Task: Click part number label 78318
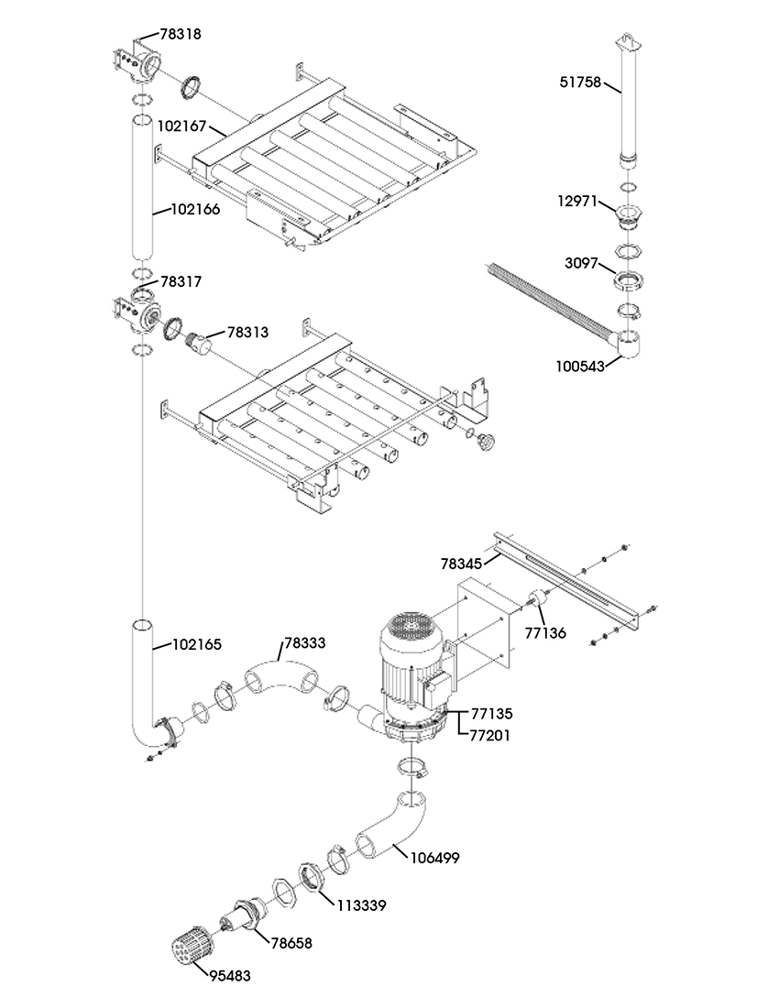(x=180, y=34)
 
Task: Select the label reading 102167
(x=181, y=126)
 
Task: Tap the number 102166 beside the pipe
(x=194, y=210)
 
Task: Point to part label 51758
(x=580, y=82)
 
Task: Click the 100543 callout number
(x=580, y=367)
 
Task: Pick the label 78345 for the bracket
(x=461, y=564)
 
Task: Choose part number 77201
(x=490, y=735)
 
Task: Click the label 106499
(x=434, y=859)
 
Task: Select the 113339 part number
(x=361, y=905)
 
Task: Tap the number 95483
(x=229, y=977)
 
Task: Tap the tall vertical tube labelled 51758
(x=627, y=102)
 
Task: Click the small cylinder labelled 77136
(x=535, y=600)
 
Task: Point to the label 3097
(x=581, y=264)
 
